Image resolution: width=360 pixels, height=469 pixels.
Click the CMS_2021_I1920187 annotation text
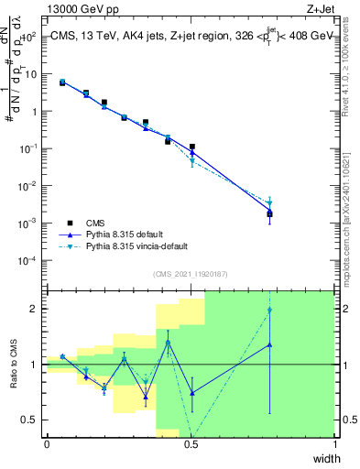click(191, 275)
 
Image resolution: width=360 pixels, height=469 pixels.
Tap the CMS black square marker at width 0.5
click(192, 147)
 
